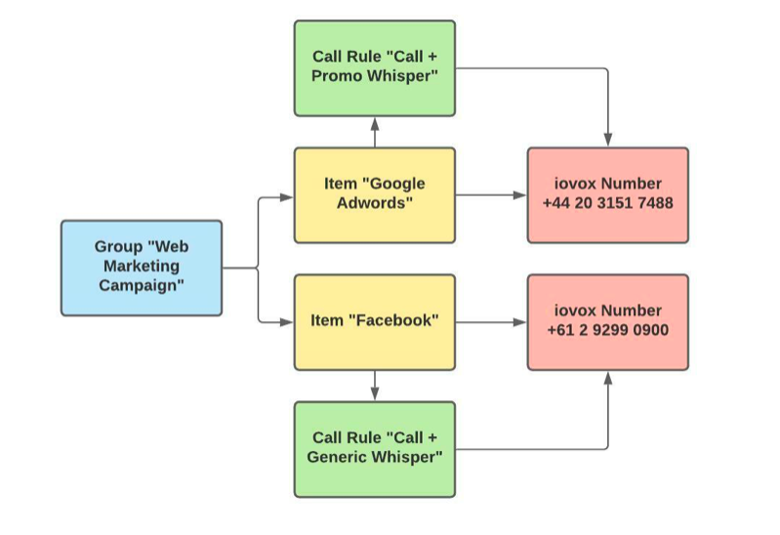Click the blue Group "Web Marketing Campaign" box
[x=142, y=267]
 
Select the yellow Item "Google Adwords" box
[x=375, y=195]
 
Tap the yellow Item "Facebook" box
[x=375, y=321]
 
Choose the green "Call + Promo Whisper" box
[x=375, y=68]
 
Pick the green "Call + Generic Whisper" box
[x=375, y=448]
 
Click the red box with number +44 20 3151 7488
[x=607, y=195]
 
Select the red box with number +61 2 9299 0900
[x=607, y=321]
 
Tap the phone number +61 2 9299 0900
[x=608, y=330]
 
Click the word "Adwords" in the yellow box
[x=375, y=204]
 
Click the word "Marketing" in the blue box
[x=142, y=267]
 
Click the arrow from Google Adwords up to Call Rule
[x=375, y=132]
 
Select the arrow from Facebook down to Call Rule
[x=375, y=386]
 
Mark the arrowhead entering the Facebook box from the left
[x=287, y=321]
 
